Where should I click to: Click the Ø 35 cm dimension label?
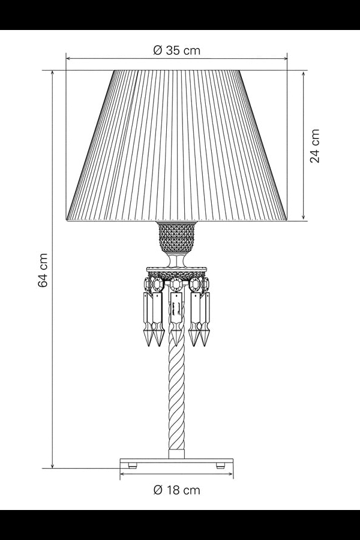point(176,50)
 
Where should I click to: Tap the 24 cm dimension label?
point(314,146)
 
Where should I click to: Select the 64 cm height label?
point(43,269)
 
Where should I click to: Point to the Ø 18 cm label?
point(176,490)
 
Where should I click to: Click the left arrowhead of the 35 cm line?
point(67,59)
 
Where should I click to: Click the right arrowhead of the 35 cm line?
point(286,59)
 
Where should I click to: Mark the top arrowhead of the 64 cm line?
point(53,72)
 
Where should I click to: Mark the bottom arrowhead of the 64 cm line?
point(53,466)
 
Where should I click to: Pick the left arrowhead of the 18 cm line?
point(122,474)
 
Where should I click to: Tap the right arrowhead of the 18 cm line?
point(232,474)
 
